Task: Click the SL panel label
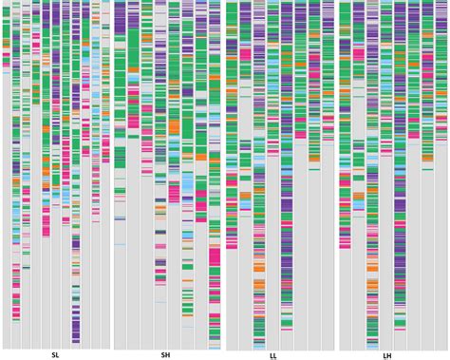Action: click(x=55, y=355)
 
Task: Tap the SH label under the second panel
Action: click(x=165, y=355)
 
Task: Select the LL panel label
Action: click(x=273, y=356)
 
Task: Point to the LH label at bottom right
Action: click(x=387, y=356)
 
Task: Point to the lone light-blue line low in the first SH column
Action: click(x=120, y=245)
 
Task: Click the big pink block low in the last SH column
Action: click(x=215, y=256)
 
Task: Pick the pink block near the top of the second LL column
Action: click(x=246, y=54)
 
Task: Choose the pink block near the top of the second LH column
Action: click(x=359, y=54)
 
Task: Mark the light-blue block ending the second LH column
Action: click(x=359, y=204)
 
